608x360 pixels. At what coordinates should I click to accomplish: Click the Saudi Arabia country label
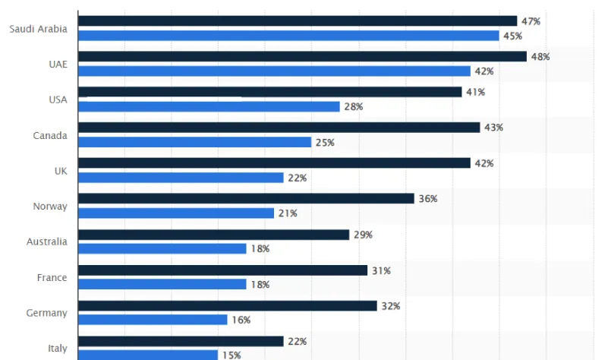tap(38, 29)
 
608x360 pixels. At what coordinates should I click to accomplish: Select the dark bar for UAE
tap(302, 57)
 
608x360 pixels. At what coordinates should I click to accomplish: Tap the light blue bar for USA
tap(209, 107)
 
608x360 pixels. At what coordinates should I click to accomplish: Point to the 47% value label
tap(531, 21)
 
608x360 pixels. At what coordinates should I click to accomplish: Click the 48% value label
tap(540, 57)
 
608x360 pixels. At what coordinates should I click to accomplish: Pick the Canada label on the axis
tap(50, 135)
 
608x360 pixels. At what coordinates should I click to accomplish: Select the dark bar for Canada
tap(279, 128)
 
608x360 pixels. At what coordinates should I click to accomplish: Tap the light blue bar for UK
tap(181, 178)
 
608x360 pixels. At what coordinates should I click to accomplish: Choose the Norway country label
tap(50, 207)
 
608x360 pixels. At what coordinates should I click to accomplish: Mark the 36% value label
tap(428, 199)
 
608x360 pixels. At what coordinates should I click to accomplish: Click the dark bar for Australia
tap(213, 235)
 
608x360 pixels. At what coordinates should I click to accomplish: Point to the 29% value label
tap(363, 235)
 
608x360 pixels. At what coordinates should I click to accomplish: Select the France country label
tap(52, 278)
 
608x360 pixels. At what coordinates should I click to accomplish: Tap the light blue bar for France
tap(162, 284)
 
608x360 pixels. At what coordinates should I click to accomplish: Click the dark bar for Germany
tap(227, 305)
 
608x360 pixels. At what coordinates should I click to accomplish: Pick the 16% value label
tap(241, 320)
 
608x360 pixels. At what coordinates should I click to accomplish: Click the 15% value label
tap(229, 355)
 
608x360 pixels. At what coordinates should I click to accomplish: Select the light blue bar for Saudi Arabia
tap(288, 36)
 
